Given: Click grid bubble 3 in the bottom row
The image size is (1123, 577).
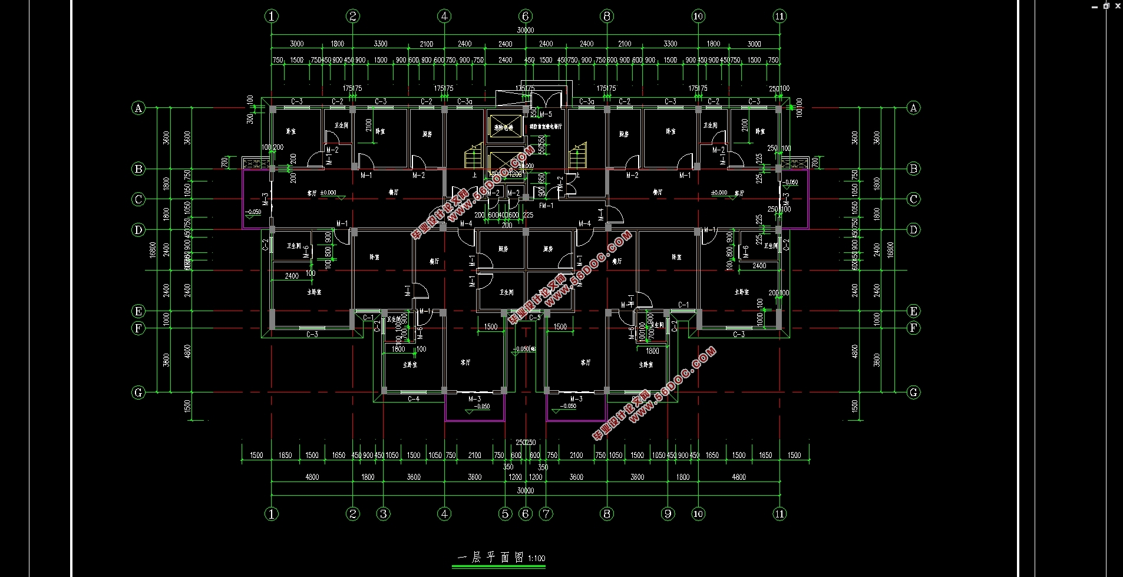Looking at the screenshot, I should click(384, 514).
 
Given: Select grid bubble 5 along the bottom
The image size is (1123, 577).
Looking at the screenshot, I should click(505, 514).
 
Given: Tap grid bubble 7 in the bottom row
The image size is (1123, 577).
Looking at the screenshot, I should click(546, 514).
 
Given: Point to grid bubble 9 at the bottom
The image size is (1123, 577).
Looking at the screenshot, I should click(668, 514).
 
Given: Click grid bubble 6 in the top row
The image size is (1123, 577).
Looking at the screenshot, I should click(526, 16).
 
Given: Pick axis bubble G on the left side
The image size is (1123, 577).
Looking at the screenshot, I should click(138, 393).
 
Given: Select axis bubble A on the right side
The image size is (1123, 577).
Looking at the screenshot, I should click(913, 107).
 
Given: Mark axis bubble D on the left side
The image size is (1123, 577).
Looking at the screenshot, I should click(138, 230).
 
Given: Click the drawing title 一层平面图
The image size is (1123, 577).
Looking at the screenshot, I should click(490, 558).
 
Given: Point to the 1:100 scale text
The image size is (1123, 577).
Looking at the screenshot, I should click(537, 558).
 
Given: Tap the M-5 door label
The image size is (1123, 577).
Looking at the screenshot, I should click(546, 114).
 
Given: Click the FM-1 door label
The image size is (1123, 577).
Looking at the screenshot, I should click(546, 206).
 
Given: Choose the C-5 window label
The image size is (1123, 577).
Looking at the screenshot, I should click(534, 318).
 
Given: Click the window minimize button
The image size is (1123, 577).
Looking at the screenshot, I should click(1094, 6).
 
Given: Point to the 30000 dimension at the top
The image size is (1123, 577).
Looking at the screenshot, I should click(525, 30).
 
